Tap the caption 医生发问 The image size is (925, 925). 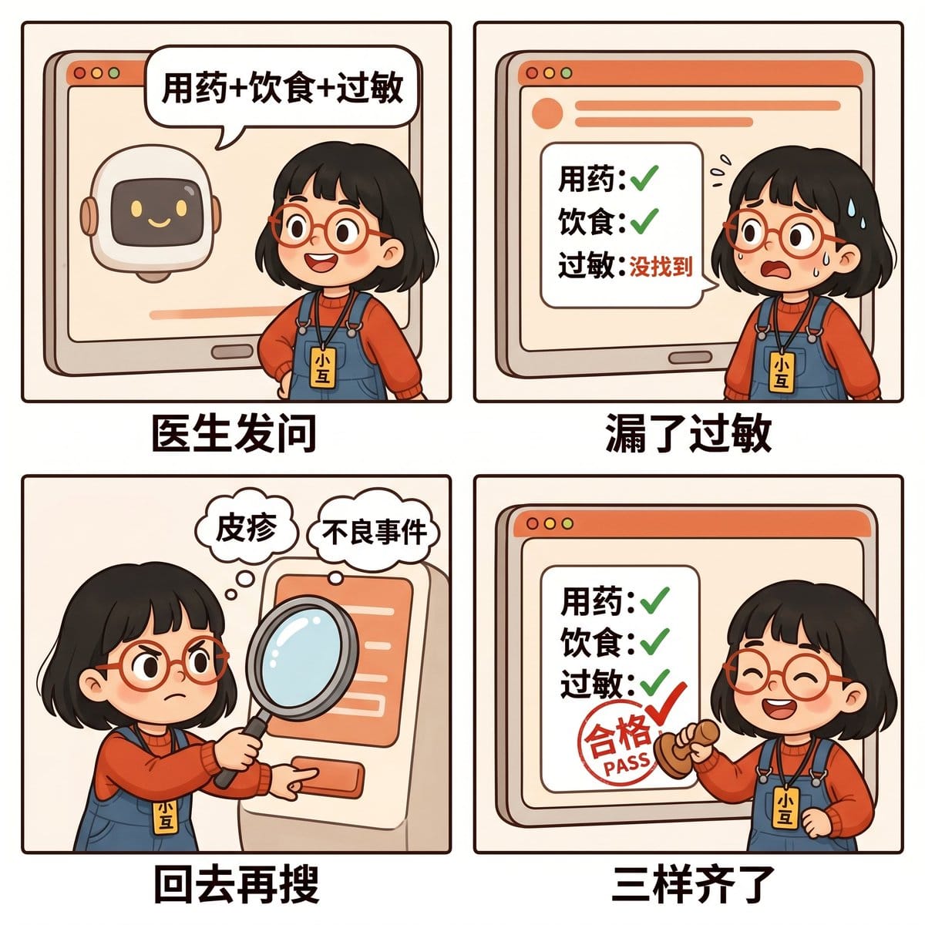click(234, 433)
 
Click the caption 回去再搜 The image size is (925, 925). click(236, 885)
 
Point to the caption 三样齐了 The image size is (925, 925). click(693, 885)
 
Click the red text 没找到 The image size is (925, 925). click(661, 267)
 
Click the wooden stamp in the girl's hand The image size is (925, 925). click(690, 748)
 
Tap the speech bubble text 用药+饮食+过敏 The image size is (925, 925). click(282, 88)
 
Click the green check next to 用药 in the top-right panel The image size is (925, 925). click(644, 178)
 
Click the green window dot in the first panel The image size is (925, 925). click(114, 73)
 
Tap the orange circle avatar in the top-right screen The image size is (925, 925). click(547, 113)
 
